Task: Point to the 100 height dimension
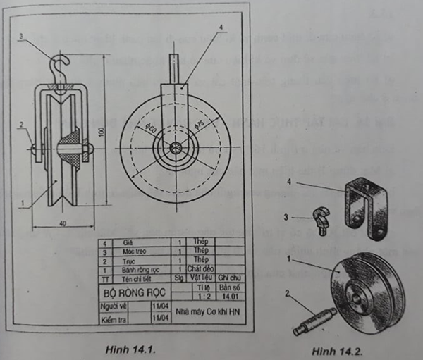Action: click(101, 132)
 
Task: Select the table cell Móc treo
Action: click(135, 252)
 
